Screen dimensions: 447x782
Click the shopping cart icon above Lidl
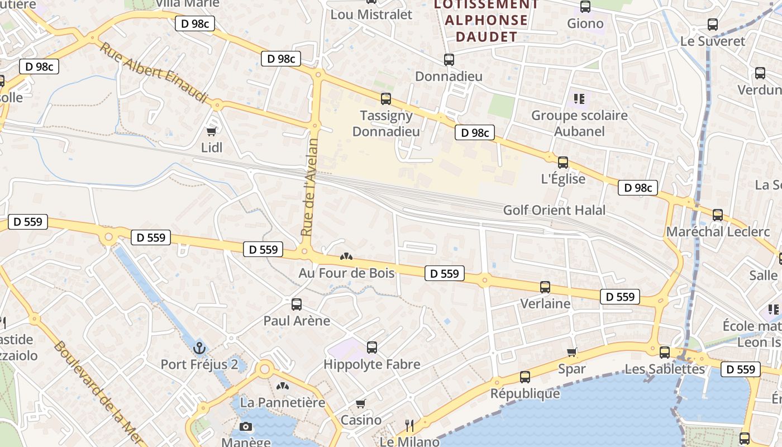pos(211,131)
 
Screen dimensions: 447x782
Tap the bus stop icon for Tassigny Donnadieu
pos(385,99)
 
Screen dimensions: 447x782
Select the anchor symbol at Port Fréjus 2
pos(199,348)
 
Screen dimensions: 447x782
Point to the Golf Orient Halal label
pos(554,211)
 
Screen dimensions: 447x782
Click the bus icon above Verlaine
pos(545,287)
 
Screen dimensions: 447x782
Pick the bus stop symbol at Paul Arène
pos(297,305)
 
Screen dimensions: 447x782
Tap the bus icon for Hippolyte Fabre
pos(372,348)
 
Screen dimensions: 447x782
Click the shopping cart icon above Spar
pos(571,352)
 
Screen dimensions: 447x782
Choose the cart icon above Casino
pos(361,403)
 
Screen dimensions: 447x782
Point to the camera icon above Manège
pos(245,427)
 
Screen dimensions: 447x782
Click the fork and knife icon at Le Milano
pos(409,426)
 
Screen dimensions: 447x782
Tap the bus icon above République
pos(525,377)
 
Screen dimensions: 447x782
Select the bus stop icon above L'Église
pos(563,163)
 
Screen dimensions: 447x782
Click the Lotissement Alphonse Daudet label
pos(487,21)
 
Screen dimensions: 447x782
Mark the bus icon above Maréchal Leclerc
pos(718,215)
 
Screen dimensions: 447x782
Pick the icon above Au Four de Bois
pos(346,257)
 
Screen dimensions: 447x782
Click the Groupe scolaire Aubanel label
pos(579,123)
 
